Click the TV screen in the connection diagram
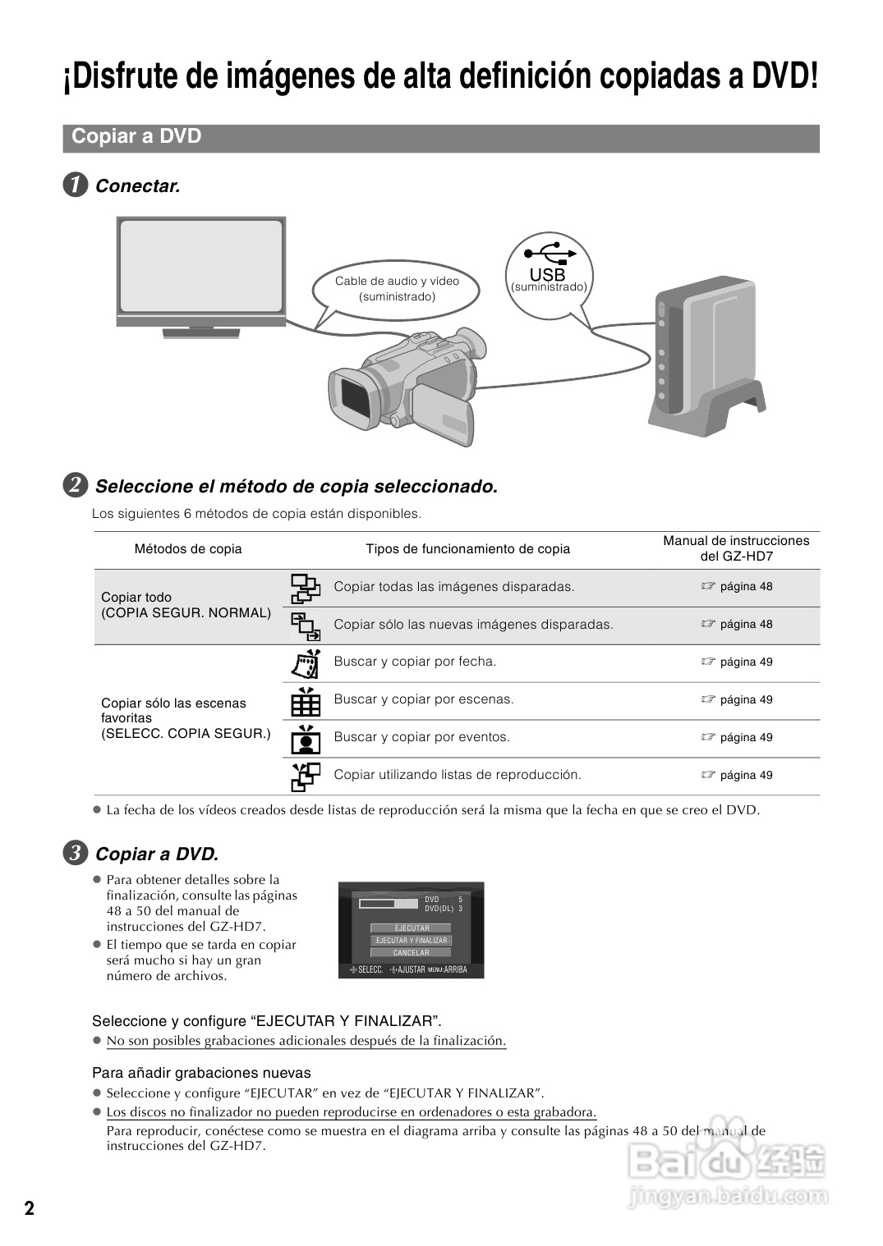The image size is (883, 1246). [201, 267]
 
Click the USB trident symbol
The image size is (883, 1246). [547, 251]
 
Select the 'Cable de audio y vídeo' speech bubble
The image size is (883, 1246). [397, 289]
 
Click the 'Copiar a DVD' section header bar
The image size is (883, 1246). [441, 137]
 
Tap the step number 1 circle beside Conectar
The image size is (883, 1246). [75, 186]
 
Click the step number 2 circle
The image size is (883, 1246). [75, 486]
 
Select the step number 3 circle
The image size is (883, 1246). [75, 854]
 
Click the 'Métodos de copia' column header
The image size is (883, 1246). [188, 549]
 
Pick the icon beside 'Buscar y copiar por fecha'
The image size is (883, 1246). [305, 662]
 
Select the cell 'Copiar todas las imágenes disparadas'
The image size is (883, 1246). [453, 587]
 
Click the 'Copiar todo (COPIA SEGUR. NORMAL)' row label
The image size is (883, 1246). [186, 605]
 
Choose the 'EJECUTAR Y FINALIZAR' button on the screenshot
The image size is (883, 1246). [411, 941]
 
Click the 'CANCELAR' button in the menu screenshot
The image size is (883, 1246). [411, 953]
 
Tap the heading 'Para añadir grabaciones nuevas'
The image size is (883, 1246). [201, 1073]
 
